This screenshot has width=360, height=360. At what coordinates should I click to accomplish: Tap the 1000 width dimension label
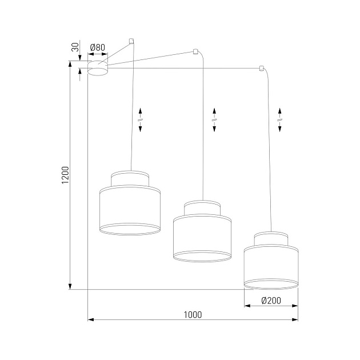(x=193, y=314)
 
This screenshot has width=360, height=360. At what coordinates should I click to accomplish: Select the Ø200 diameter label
(x=270, y=301)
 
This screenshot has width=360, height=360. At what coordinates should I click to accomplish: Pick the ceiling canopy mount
(x=98, y=69)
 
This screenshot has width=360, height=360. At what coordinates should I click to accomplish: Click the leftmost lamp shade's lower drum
(x=131, y=210)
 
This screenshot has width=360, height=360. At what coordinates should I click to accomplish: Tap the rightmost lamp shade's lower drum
(x=271, y=266)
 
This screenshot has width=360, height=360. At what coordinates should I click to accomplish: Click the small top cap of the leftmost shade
(x=131, y=178)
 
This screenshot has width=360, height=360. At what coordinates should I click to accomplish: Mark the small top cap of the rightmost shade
(x=271, y=238)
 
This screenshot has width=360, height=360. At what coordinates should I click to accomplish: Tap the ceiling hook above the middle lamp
(x=196, y=51)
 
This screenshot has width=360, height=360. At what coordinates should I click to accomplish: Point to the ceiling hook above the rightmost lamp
(x=261, y=69)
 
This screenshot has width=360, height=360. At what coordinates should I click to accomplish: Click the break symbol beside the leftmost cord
(x=141, y=119)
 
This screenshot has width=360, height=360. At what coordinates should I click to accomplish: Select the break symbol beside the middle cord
(x=214, y=119)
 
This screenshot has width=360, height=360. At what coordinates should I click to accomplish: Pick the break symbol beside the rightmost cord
(x=279, y=119)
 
